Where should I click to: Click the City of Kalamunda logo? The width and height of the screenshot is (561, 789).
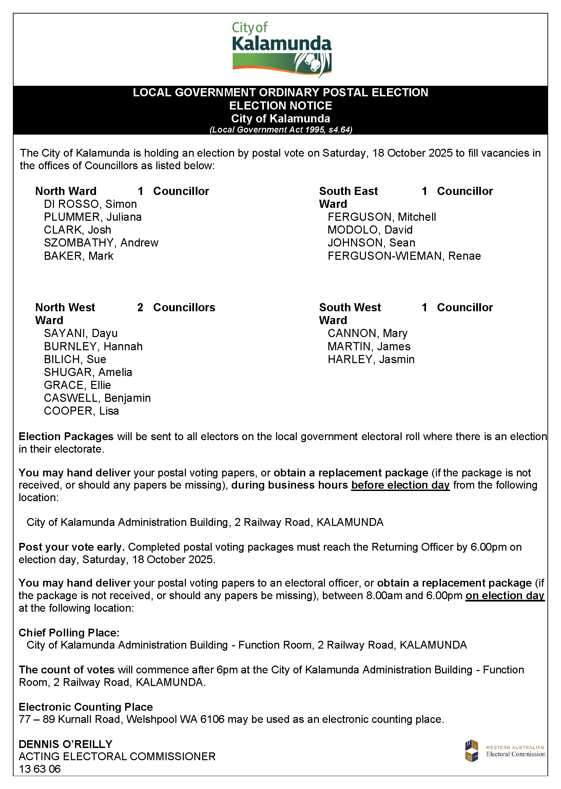pyautogui.click(x=282, y=48)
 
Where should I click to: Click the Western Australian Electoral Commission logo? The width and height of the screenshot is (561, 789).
pyautogui.click(x=505, y=751)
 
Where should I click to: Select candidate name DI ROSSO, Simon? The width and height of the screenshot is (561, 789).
pyautogui.click(x=90, y=204)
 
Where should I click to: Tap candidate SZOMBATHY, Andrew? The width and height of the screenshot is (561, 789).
pyautogui.click(x=101, y=243)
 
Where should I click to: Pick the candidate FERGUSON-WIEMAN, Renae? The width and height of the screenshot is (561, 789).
pyautogui.click(x=404, y=256)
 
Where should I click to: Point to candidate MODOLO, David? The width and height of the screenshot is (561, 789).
pyautogui.click(x=370, y=230)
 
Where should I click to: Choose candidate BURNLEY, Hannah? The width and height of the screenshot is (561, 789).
pyautogui.click(x=93, y=346)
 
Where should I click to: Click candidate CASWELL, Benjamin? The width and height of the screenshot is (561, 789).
pyautogui.click(x=97, y=398)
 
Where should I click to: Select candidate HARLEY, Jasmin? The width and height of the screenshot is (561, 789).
pyautogui.click(x=371, y=359)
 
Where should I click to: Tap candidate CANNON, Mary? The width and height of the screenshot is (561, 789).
pyautogui.click(x=367, y=333)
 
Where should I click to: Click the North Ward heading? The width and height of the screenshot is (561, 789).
pyautogui.click(x=66, y=191)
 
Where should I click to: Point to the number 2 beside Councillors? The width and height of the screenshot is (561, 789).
pyautogui.click(x=140, y=307)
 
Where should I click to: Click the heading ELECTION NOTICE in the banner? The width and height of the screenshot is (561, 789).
pyautogui.click(x=280, y=106)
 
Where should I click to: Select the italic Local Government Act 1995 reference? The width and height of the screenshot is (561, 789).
pyautogui.click(x=280, y=130)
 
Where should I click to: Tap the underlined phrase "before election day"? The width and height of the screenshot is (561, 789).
pyautogui.click(x=400, y=485)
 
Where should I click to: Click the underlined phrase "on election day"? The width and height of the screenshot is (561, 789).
pyautogui.click(x=505, y=596)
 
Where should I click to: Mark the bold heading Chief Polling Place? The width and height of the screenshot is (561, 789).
pyautogui.click(x=69, y=633)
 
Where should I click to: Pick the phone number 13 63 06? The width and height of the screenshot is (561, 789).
pyautogui.click(x=40, y=769)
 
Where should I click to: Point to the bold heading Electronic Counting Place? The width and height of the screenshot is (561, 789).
pyautogui.click(x=85, y=707)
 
